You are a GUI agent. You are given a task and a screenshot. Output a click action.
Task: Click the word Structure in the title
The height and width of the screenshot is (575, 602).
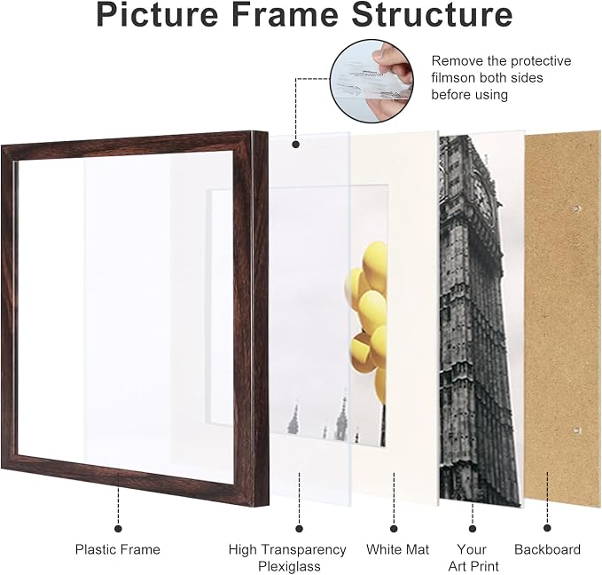[x=432, y=14]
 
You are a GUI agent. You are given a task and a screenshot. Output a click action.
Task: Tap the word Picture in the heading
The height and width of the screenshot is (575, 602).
[x=158, y=14]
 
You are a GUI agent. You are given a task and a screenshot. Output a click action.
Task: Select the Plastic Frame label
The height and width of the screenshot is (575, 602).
[x=118, y=549]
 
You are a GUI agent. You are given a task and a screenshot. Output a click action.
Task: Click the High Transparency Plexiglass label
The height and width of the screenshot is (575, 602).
[x=287, y=558]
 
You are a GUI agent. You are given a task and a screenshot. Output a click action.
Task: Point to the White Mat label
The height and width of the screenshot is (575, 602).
[x=397, y=549]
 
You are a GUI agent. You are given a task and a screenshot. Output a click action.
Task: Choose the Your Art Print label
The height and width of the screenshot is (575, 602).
[x=473, y=558]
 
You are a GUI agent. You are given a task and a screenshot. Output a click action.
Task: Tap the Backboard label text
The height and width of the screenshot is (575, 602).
[x=547, y=549]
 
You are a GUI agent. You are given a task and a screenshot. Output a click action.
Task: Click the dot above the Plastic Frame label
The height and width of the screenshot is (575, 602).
[x=118, y=529]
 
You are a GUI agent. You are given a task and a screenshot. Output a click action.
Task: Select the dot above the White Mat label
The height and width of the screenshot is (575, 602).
[x=394, y=529]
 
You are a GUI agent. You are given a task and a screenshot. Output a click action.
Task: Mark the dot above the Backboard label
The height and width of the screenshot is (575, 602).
[x=548, y=528]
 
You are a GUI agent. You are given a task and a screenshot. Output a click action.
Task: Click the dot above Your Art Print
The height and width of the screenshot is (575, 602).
[x=473, y=529]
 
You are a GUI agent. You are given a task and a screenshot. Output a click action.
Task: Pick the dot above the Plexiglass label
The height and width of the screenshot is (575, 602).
[x=300, y=529]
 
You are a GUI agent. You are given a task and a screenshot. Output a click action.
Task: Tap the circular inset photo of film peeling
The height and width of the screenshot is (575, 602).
[x=372, y=81]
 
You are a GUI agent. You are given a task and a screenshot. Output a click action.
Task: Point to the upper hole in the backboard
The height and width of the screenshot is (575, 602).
[x=576, y=209]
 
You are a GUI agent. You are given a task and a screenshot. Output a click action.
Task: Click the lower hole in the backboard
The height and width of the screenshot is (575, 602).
[x=576, y=430]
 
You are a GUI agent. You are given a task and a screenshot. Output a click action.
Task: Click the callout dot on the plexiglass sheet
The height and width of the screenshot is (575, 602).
[x=295, y=145]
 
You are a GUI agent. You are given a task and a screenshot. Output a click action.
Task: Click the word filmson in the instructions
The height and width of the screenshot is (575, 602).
[x=453, y=78]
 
